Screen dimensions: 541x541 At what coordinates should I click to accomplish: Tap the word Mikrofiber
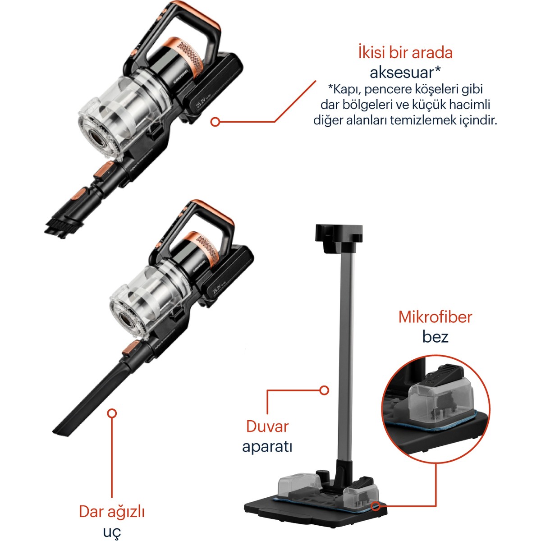point(435,317)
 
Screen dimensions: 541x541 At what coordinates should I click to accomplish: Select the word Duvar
point(267,426)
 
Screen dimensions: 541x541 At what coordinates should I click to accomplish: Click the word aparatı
point(267,446)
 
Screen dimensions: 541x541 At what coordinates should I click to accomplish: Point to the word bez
point(435,336)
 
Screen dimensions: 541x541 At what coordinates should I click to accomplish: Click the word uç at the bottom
point(112,532)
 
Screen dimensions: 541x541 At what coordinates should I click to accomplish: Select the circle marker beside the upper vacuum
point(215,122)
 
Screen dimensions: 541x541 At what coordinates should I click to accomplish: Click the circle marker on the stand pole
point(324,390)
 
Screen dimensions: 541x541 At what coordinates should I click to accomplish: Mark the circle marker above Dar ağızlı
point(112,413)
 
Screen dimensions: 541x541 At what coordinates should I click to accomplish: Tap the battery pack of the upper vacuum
point(213,87)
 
